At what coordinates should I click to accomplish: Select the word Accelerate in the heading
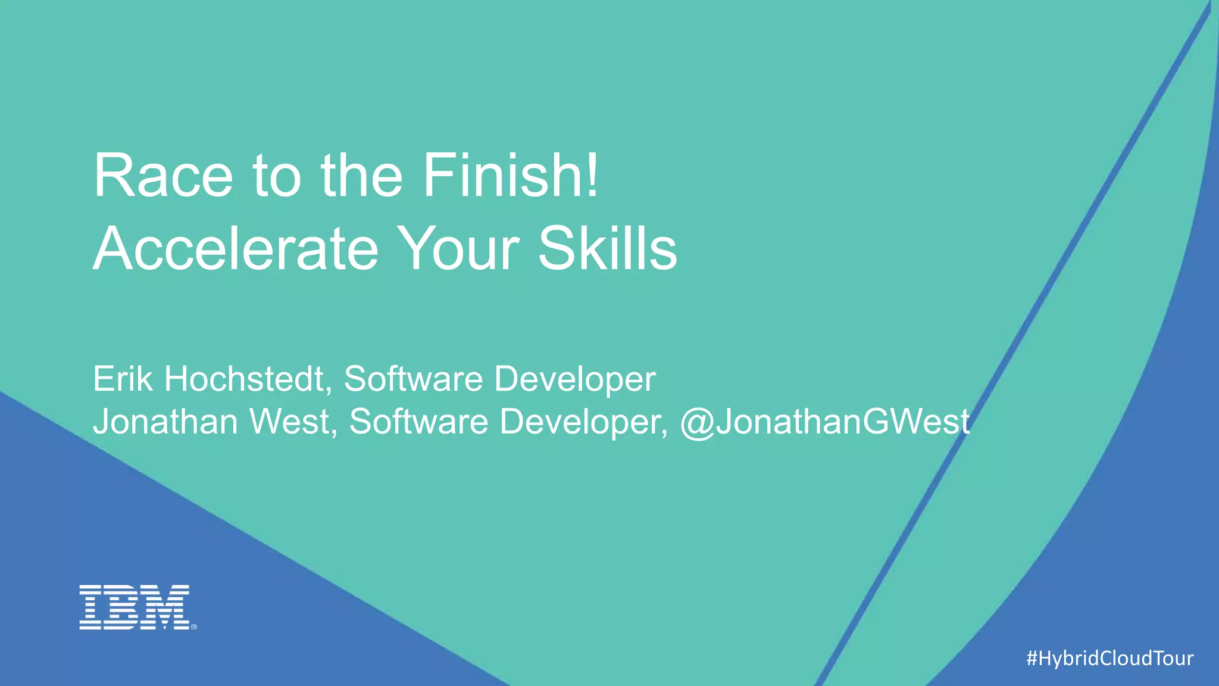pos(236,248)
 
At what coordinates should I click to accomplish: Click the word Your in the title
pos(458,248)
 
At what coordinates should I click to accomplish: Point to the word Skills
pos(607,248)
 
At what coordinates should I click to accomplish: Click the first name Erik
pos(123,379)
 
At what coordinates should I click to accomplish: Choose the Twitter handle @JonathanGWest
pos(825,422)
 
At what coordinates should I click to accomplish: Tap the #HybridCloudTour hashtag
pos(1110,658)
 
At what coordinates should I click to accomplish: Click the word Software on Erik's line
pos(413,379)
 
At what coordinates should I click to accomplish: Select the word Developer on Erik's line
pos(575,380)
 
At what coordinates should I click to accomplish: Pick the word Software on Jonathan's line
pos(418,422)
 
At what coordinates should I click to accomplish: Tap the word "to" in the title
pos(277,177)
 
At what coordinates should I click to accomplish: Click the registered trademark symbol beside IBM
pos(193,626)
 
